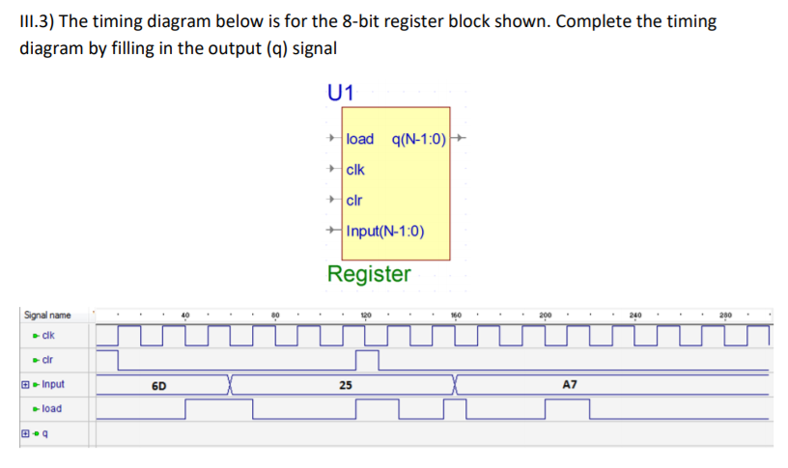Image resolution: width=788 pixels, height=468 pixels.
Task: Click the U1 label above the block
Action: click(x=341, y=94)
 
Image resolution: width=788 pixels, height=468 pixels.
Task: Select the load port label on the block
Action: click(x=359, y=139)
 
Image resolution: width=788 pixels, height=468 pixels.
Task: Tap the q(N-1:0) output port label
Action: click(x=420, y=139)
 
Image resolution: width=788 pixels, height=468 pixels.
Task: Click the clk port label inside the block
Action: click(x=356, y=170)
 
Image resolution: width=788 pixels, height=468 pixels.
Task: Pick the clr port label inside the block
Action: click(x=353, y=201)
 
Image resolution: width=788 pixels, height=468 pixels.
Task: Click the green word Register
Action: click(x=369, y=274)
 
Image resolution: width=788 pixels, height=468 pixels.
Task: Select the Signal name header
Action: click(x=47, y=316)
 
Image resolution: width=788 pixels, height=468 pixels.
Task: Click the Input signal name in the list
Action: click(x=50, y=384)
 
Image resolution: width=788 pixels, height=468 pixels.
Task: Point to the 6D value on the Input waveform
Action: click(x=159, y=385)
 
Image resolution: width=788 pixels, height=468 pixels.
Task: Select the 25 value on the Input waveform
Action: click(x=345, y=385)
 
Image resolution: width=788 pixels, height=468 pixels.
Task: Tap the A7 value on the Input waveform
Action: click(x=570, y=385)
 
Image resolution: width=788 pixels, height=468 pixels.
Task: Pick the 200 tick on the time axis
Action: click(x=547, y=316)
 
